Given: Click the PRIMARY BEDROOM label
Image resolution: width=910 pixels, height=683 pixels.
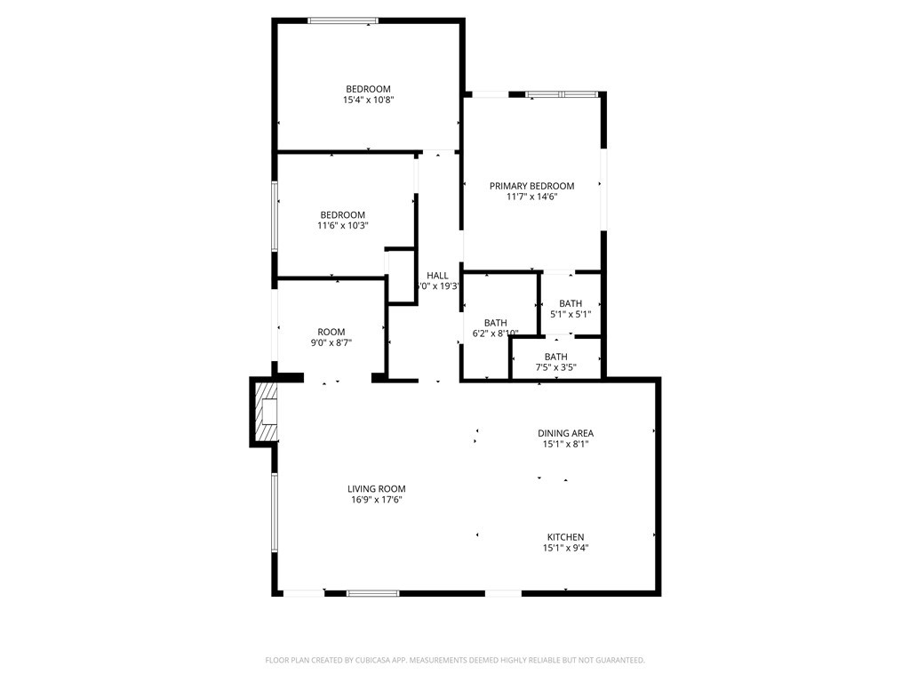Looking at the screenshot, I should click(x=531, y=186).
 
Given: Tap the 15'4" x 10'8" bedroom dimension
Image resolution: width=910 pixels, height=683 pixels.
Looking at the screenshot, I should click(x=368, y=100).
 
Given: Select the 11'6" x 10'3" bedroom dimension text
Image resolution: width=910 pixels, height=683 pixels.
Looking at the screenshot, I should click(x=342, y=226).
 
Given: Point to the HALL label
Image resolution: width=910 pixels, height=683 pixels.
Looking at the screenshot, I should click(x=437, y=276).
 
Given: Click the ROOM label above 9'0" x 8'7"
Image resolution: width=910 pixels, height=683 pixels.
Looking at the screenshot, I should click(x=331, y=332).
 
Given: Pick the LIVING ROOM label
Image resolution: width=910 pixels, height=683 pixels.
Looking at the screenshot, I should click(x=376, y=488).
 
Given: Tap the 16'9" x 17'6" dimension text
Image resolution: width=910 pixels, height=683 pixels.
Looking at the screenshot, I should click(x=376, y=500).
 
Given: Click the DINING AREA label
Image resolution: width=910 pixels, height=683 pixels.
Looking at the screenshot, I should click(x=565, y=433).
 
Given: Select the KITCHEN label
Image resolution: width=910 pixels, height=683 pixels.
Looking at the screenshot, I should click(x=565, y=537).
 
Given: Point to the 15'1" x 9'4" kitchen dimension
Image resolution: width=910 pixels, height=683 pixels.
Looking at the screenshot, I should click(x=565, y=549).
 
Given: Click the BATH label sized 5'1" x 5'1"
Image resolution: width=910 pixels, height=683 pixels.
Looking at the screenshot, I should click(x=571, y=304).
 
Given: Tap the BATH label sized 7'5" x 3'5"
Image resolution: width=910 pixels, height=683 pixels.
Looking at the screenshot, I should click(x=556, y=357).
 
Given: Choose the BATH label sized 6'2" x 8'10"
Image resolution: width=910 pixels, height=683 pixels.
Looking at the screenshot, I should click(x=495, y=323).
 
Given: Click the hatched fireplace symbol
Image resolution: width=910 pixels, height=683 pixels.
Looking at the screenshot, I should click(x=267, y=412).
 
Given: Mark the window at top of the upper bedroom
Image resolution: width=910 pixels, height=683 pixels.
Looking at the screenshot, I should click(x=343, y=20).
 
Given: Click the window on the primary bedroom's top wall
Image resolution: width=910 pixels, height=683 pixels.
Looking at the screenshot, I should click(x=561, y=93).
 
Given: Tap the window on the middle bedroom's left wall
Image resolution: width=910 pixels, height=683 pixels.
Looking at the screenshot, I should click(x=275, y=215).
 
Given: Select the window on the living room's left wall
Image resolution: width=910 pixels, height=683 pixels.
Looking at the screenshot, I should click(x=275, y=512).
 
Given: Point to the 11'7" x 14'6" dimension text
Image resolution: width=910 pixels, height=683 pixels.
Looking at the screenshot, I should click(x=531, y=197).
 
